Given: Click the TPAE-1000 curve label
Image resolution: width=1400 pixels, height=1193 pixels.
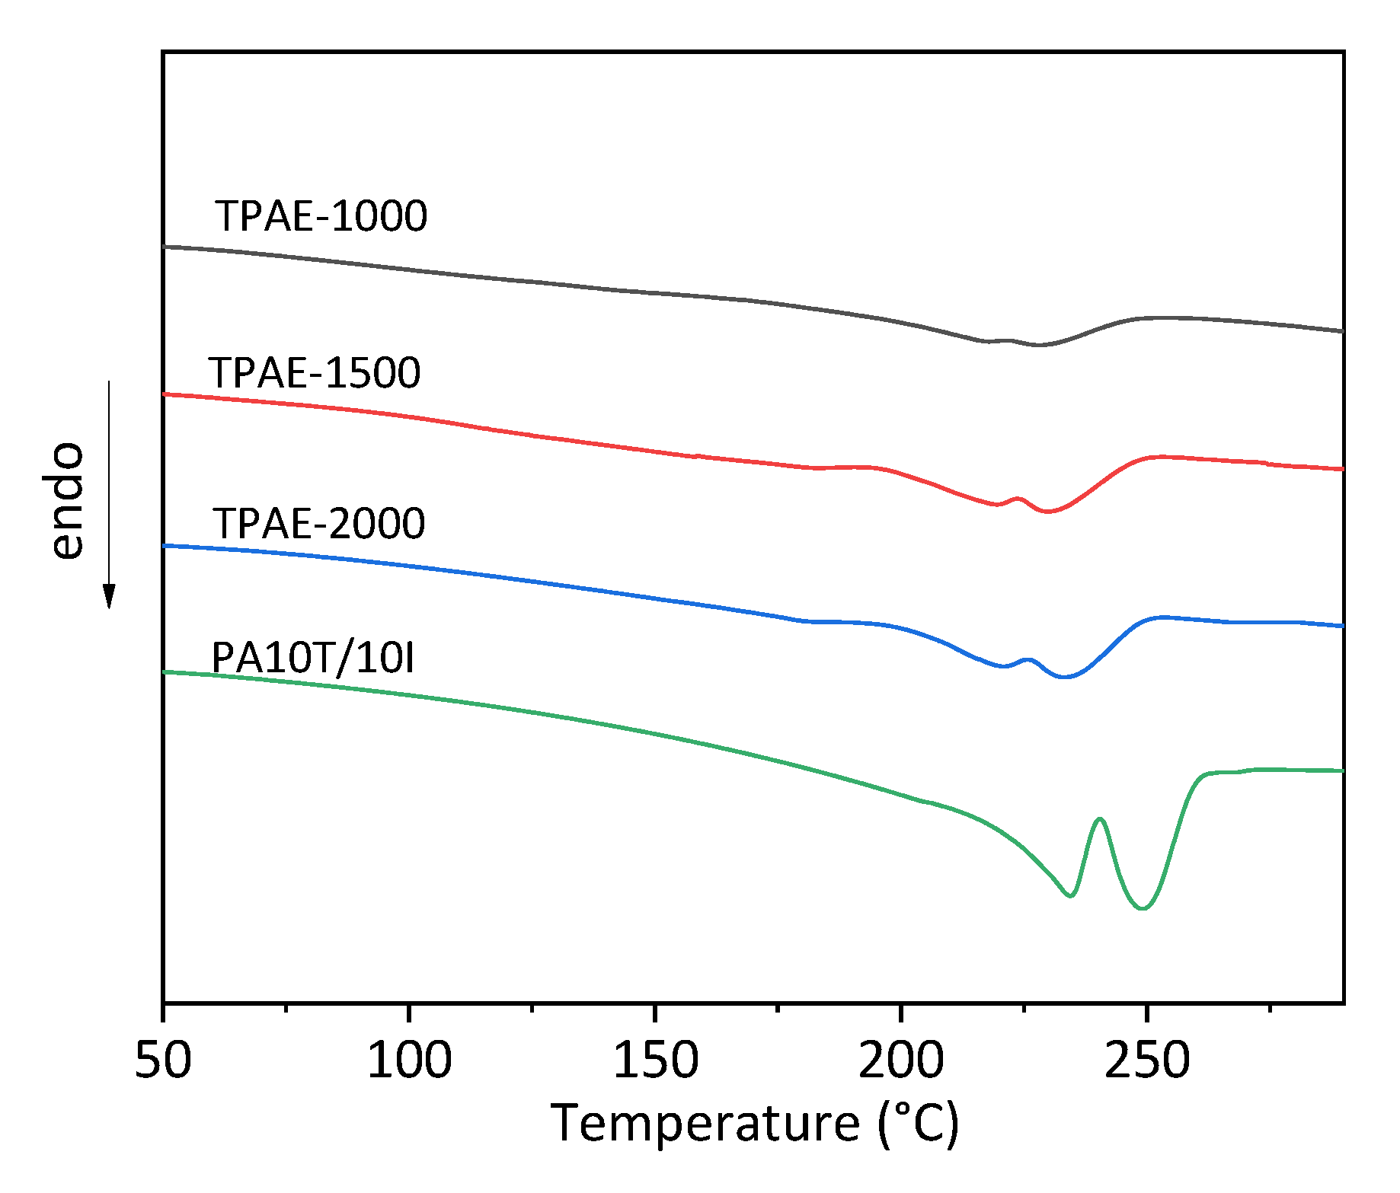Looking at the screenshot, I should pos(321,216).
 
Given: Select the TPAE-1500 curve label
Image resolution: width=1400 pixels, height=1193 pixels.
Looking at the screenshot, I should pos(315,373).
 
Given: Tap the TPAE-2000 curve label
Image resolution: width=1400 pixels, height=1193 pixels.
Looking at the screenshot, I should pos(319,524).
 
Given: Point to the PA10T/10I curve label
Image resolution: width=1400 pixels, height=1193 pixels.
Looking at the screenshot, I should pos(313,658).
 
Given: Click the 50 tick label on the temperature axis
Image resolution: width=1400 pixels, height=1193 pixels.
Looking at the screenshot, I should pos(163,1060).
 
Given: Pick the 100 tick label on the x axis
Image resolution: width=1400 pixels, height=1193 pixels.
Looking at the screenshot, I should pos(409,1060).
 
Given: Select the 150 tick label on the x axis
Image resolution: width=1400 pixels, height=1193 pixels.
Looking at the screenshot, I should pos(655,1060).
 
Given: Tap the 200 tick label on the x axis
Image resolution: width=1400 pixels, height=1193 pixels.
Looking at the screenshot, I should pos(901,1060).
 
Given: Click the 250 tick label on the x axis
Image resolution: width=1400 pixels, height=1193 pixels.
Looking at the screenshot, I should pos(1146,1060).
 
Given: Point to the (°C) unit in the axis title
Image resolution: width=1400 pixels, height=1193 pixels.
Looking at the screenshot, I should pos(918,1124).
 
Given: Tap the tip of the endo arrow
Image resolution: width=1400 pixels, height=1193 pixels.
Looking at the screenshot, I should pos(110,607).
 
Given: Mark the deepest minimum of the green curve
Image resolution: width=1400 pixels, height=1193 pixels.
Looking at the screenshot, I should pos(1143,908).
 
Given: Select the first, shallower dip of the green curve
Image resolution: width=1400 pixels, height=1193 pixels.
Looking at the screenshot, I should pos(1071,895).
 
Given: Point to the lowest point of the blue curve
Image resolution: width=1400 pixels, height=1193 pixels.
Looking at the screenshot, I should pos(1065,677).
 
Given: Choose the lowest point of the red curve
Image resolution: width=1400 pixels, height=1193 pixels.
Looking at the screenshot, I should pos(1048,512).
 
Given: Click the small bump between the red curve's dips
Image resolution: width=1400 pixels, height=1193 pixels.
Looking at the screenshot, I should pos(1018,499).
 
